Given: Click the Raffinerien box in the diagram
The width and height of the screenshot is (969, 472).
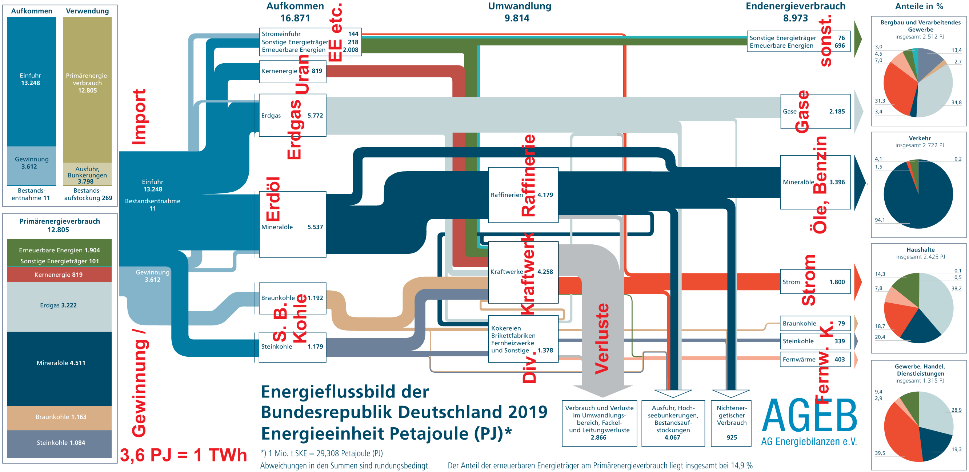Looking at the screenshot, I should pos(523,195).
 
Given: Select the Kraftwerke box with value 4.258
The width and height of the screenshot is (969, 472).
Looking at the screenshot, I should pos(523,272).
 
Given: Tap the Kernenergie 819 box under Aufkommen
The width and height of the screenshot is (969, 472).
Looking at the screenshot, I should pos(292,71).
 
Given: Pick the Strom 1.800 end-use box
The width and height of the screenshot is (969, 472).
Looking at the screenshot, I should pos(815,282).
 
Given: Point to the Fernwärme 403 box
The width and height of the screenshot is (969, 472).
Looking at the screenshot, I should pos(815,360).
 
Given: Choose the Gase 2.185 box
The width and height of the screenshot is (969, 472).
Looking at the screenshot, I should pos(815,111).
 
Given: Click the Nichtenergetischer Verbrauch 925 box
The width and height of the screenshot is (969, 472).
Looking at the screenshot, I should pos(731,423).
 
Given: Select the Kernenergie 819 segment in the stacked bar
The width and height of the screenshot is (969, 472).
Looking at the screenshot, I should pos(59,275).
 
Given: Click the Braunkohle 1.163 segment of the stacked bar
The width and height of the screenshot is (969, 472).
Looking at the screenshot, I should pos(59,417).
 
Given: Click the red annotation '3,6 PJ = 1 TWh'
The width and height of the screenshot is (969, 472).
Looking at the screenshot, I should pos(183,455).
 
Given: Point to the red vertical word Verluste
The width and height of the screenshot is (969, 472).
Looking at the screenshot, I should pos(601,339).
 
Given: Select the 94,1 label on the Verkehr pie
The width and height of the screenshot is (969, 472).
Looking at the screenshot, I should pos(880,220).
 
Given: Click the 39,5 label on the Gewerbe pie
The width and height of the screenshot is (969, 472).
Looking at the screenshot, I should pos(880,453).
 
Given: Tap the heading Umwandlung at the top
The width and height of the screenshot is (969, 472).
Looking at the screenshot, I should pos(520,7).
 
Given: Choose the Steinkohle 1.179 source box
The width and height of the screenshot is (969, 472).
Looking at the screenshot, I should pos(292,347).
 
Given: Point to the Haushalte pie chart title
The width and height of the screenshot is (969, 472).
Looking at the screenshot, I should pos(920,250).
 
